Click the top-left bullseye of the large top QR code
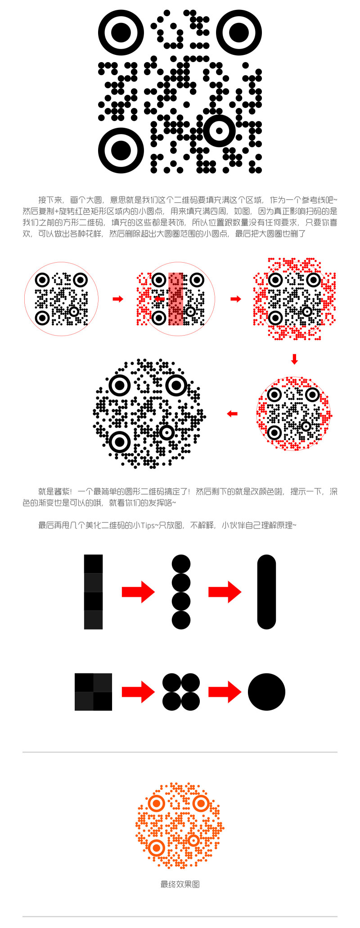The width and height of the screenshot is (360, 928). pyautogui.click(x=121, y=33)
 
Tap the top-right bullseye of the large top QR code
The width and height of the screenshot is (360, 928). pyautogui.click(x=238, y=33)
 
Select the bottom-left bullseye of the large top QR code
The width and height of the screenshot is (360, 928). pyautogui.click(x=121, y=150)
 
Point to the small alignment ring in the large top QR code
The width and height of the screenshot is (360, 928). pyautogui.click(x=219, y=131)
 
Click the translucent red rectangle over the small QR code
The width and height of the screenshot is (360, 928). pyautogui.click(x=176, y=299)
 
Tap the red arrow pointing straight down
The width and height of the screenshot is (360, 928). pyautogui.click(x=294, y=359)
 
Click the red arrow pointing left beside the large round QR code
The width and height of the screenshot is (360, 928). pyautogui.click(x=232, y=413)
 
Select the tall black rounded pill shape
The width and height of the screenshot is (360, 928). pyautogui.click(x=266, y=592)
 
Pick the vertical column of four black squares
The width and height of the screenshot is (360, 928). pyautogui.click(x=93, y=592)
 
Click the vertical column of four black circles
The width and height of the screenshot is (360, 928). pyautogui.click(x=181, y=592)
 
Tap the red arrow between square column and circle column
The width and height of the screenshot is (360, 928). pyautogui.click(x=138, y=592)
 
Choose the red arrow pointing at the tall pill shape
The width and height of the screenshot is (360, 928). pyautogui.click(x=225, y=592)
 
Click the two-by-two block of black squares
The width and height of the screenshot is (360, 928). pyautogui.click(x=93, y=692)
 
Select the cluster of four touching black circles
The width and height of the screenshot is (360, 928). pyautogui.click(x=181, y=692)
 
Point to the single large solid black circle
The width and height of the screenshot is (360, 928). pyautogui.click(x=266, y=692)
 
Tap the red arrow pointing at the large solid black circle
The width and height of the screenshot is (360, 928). pyautogui.click(x=225, y=692)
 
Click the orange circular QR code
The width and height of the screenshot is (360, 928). pyautogui.click(x=180, y=825)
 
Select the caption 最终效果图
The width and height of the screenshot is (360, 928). pyautogui.click(x=180, y=884)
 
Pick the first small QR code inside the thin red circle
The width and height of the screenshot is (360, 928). pyautogui.click(x=61, y=299)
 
